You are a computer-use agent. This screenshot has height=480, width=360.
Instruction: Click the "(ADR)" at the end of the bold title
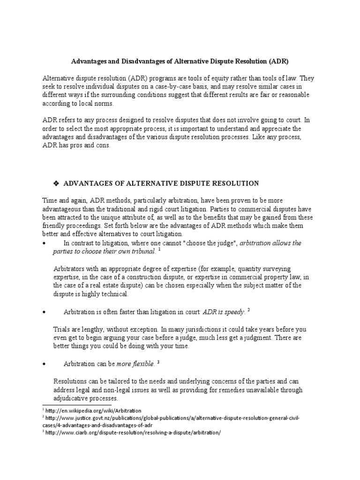point(278,61)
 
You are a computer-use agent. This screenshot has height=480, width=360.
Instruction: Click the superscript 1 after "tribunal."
point(159,249)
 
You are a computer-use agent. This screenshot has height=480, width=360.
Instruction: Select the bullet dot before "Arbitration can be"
point(44,364)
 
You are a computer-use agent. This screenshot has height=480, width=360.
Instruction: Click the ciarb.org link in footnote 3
point(132,433)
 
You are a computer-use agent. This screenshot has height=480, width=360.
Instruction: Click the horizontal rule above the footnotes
point(77,405)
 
